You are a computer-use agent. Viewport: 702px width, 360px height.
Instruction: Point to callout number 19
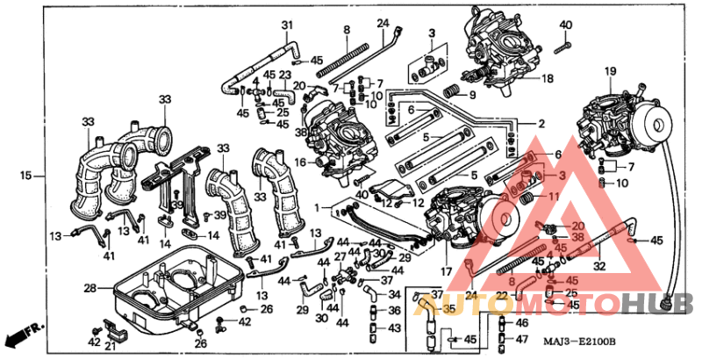point(610,70)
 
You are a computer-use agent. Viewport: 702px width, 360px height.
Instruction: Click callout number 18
point(547,78)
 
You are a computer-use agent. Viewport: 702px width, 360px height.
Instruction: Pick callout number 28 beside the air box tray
point(90,287)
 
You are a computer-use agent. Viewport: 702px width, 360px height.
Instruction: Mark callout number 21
point(109,345)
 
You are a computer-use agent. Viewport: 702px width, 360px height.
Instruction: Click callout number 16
point(299,162)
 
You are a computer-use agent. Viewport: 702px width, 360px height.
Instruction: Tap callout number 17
point(446,271)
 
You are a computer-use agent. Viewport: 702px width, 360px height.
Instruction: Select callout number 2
point(541,124)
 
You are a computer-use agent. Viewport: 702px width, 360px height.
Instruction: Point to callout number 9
point(470,95)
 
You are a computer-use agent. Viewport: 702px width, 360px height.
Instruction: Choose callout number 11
point(554,197)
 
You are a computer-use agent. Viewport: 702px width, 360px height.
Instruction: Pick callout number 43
point(394,328)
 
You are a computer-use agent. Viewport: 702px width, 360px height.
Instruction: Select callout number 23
point(283,76)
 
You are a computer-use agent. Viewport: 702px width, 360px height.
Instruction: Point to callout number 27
point(340,256)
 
